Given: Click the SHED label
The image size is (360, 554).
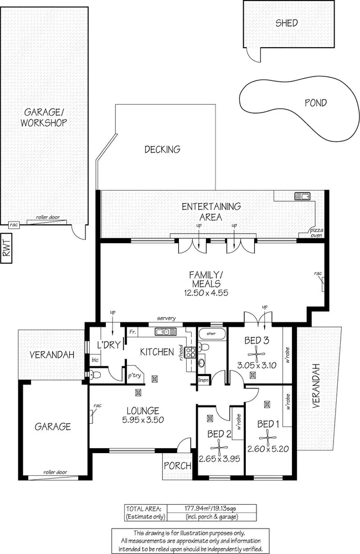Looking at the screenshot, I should pos(287,23).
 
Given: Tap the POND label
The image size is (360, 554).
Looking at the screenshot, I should pos(316,102).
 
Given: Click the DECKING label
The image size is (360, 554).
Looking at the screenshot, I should pos(162,149).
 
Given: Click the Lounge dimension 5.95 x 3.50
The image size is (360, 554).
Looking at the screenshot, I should pos(142,420).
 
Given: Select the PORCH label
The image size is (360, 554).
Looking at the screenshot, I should pos(177,465).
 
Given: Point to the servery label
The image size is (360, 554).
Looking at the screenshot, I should pos(166,318).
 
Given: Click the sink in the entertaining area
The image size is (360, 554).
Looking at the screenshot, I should pos(302,195).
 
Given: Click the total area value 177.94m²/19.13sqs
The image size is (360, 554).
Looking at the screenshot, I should pos(212,507).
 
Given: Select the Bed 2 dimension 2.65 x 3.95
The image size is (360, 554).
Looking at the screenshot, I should pos(219,459).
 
